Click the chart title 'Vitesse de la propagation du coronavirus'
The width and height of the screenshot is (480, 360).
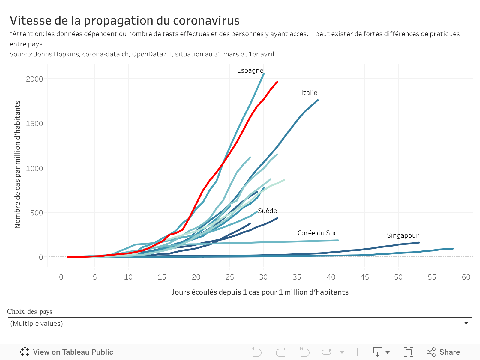click(x=124, y=21)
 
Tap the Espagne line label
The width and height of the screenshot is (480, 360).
click(x=250, y=70)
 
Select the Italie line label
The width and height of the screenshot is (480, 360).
click(x=309, y=93)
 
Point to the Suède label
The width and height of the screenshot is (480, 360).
click(x=267, y=211)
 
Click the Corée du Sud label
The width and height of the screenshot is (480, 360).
click(x=317, y=233)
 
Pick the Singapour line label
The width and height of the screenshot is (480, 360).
click(x=403, y=235)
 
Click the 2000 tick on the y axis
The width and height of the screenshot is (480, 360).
click(x=34, y=79)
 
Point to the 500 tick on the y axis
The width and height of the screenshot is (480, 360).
click(x=37, y=213)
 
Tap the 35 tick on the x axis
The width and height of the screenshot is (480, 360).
click(x=297, y=277)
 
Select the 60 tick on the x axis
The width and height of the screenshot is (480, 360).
click(x=466, y=277)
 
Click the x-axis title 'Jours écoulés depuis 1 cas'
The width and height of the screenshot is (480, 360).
click(x=260, y=292)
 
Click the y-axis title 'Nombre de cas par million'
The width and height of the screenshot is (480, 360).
click(x=17, y=164)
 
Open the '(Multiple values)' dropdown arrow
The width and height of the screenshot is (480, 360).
click(x=466, y=323)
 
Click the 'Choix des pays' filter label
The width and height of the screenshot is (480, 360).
click(x=30, y=312)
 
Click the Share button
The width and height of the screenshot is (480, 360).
click(x=443, y=352)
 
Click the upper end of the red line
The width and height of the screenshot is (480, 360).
click(x=277, y=82)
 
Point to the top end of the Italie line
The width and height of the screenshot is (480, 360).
click(x=317, y=100)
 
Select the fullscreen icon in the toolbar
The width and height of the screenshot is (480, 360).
click(x=408, y=352)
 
